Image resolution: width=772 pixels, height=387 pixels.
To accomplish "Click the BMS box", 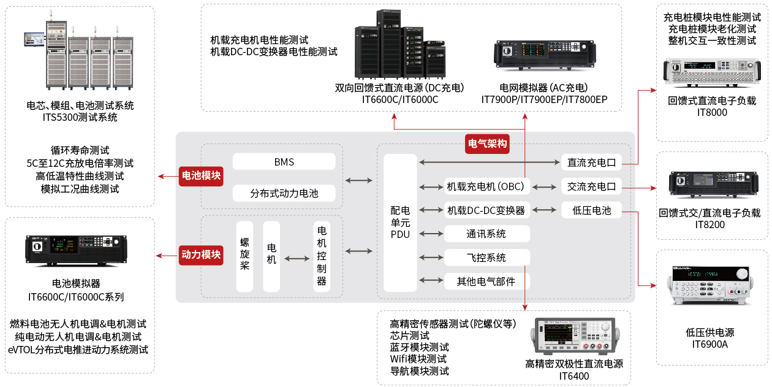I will pyautogui.click(x=284, y=162).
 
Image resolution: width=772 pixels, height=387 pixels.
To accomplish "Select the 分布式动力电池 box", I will pyautogui.click(x=284, y=193).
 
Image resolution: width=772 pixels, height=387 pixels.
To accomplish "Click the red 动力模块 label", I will pyautogui.click(x=200, y=254).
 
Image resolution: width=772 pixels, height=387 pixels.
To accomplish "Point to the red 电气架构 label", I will pyautogui.click(x=487, y=144).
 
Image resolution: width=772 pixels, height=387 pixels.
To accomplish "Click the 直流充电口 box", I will pyautogui.click(x=591, y=163).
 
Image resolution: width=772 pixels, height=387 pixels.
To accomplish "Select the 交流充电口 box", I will pyautogui.click(x=591, y=186).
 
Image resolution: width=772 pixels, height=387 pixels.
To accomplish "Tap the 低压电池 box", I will pyautogui.click(x=591, y=210).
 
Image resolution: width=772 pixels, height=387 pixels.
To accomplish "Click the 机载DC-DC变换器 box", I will pyautogui.click(x=486, y=210).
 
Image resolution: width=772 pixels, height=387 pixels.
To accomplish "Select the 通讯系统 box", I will pyautogui.click(x=486, y=234).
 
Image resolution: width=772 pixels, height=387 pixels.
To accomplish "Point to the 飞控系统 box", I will pyautogui.click(x=486, y=258).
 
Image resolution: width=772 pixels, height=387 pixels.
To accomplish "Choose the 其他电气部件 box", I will pyautogui.click(x=486, y=282).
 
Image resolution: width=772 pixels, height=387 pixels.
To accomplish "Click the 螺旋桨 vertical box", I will pyautogui.click(x=244, y=256).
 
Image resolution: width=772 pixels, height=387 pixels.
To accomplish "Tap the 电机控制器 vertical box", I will pyautogui.click(x=321, y=256).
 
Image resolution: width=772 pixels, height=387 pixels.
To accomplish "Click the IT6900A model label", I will pyautogui.click(x=711, y=345).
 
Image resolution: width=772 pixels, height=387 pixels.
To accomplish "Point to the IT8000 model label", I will pyautogui.click(x=712, y=112).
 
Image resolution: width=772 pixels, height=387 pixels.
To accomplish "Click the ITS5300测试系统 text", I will pyautogui.click(x=80, y=117).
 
